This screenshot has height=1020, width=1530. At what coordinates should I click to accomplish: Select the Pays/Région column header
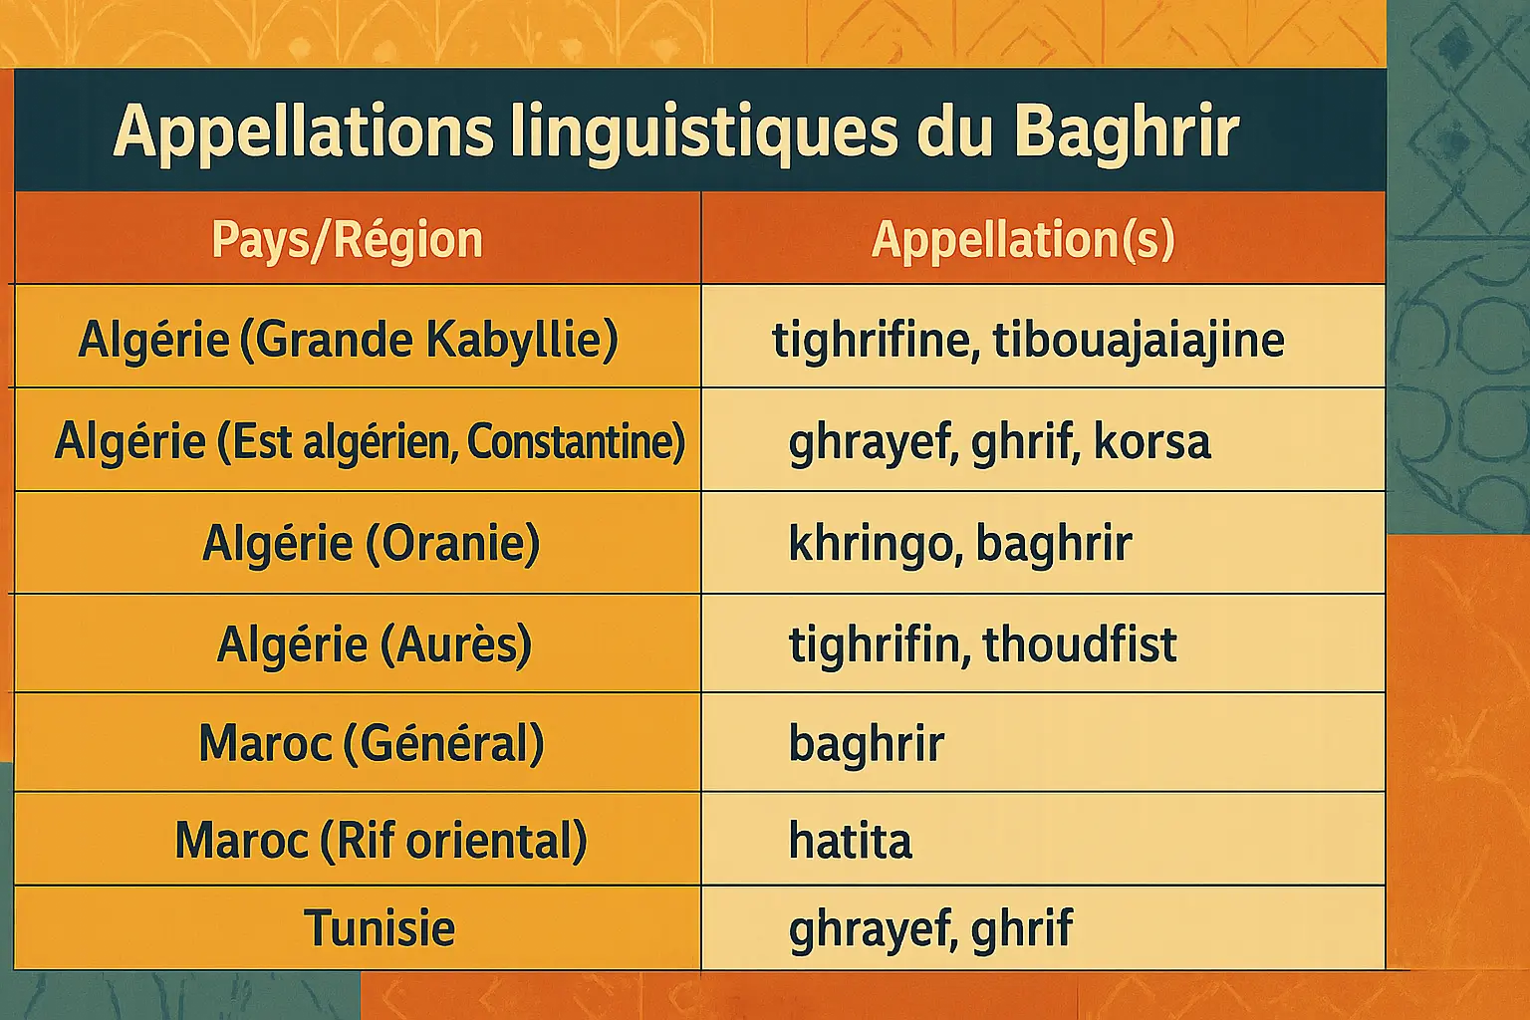[x=347, y=240]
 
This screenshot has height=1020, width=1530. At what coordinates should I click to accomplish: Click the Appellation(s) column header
[x=1023, y=240]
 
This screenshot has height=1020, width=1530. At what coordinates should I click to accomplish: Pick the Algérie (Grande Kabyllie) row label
[x=349, y=340]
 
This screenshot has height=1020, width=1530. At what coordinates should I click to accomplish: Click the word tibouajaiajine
[x=1139, y=340]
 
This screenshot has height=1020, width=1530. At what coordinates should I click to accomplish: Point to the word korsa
[x=1152, y=441]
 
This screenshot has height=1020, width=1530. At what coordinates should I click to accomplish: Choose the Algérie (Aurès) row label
[x=374, y=644]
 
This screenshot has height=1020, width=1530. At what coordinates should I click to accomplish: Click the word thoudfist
[x=1080, y=643]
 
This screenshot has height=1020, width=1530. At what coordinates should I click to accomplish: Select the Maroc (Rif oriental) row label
[x=382, y=841]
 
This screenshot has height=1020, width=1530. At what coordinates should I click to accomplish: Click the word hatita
[x=851, y=841]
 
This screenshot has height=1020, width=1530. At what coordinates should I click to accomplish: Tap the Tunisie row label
[x=380, y=927]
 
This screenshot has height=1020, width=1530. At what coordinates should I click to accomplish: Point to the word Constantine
[x=576, y=441]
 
